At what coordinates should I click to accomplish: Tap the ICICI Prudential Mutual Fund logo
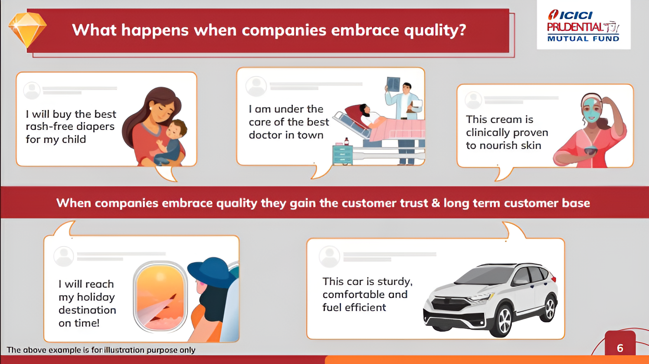[x=583, y=26]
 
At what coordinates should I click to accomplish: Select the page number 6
[x=620, y=348]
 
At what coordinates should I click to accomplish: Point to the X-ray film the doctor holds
[x=393, y=84]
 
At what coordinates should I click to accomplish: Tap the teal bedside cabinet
[x=342, y=155]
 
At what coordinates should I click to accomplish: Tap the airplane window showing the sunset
[x=160, y=297]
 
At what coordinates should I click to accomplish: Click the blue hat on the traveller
[x=212, y=272]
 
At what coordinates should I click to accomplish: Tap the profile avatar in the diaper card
[x=32, y=91]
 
